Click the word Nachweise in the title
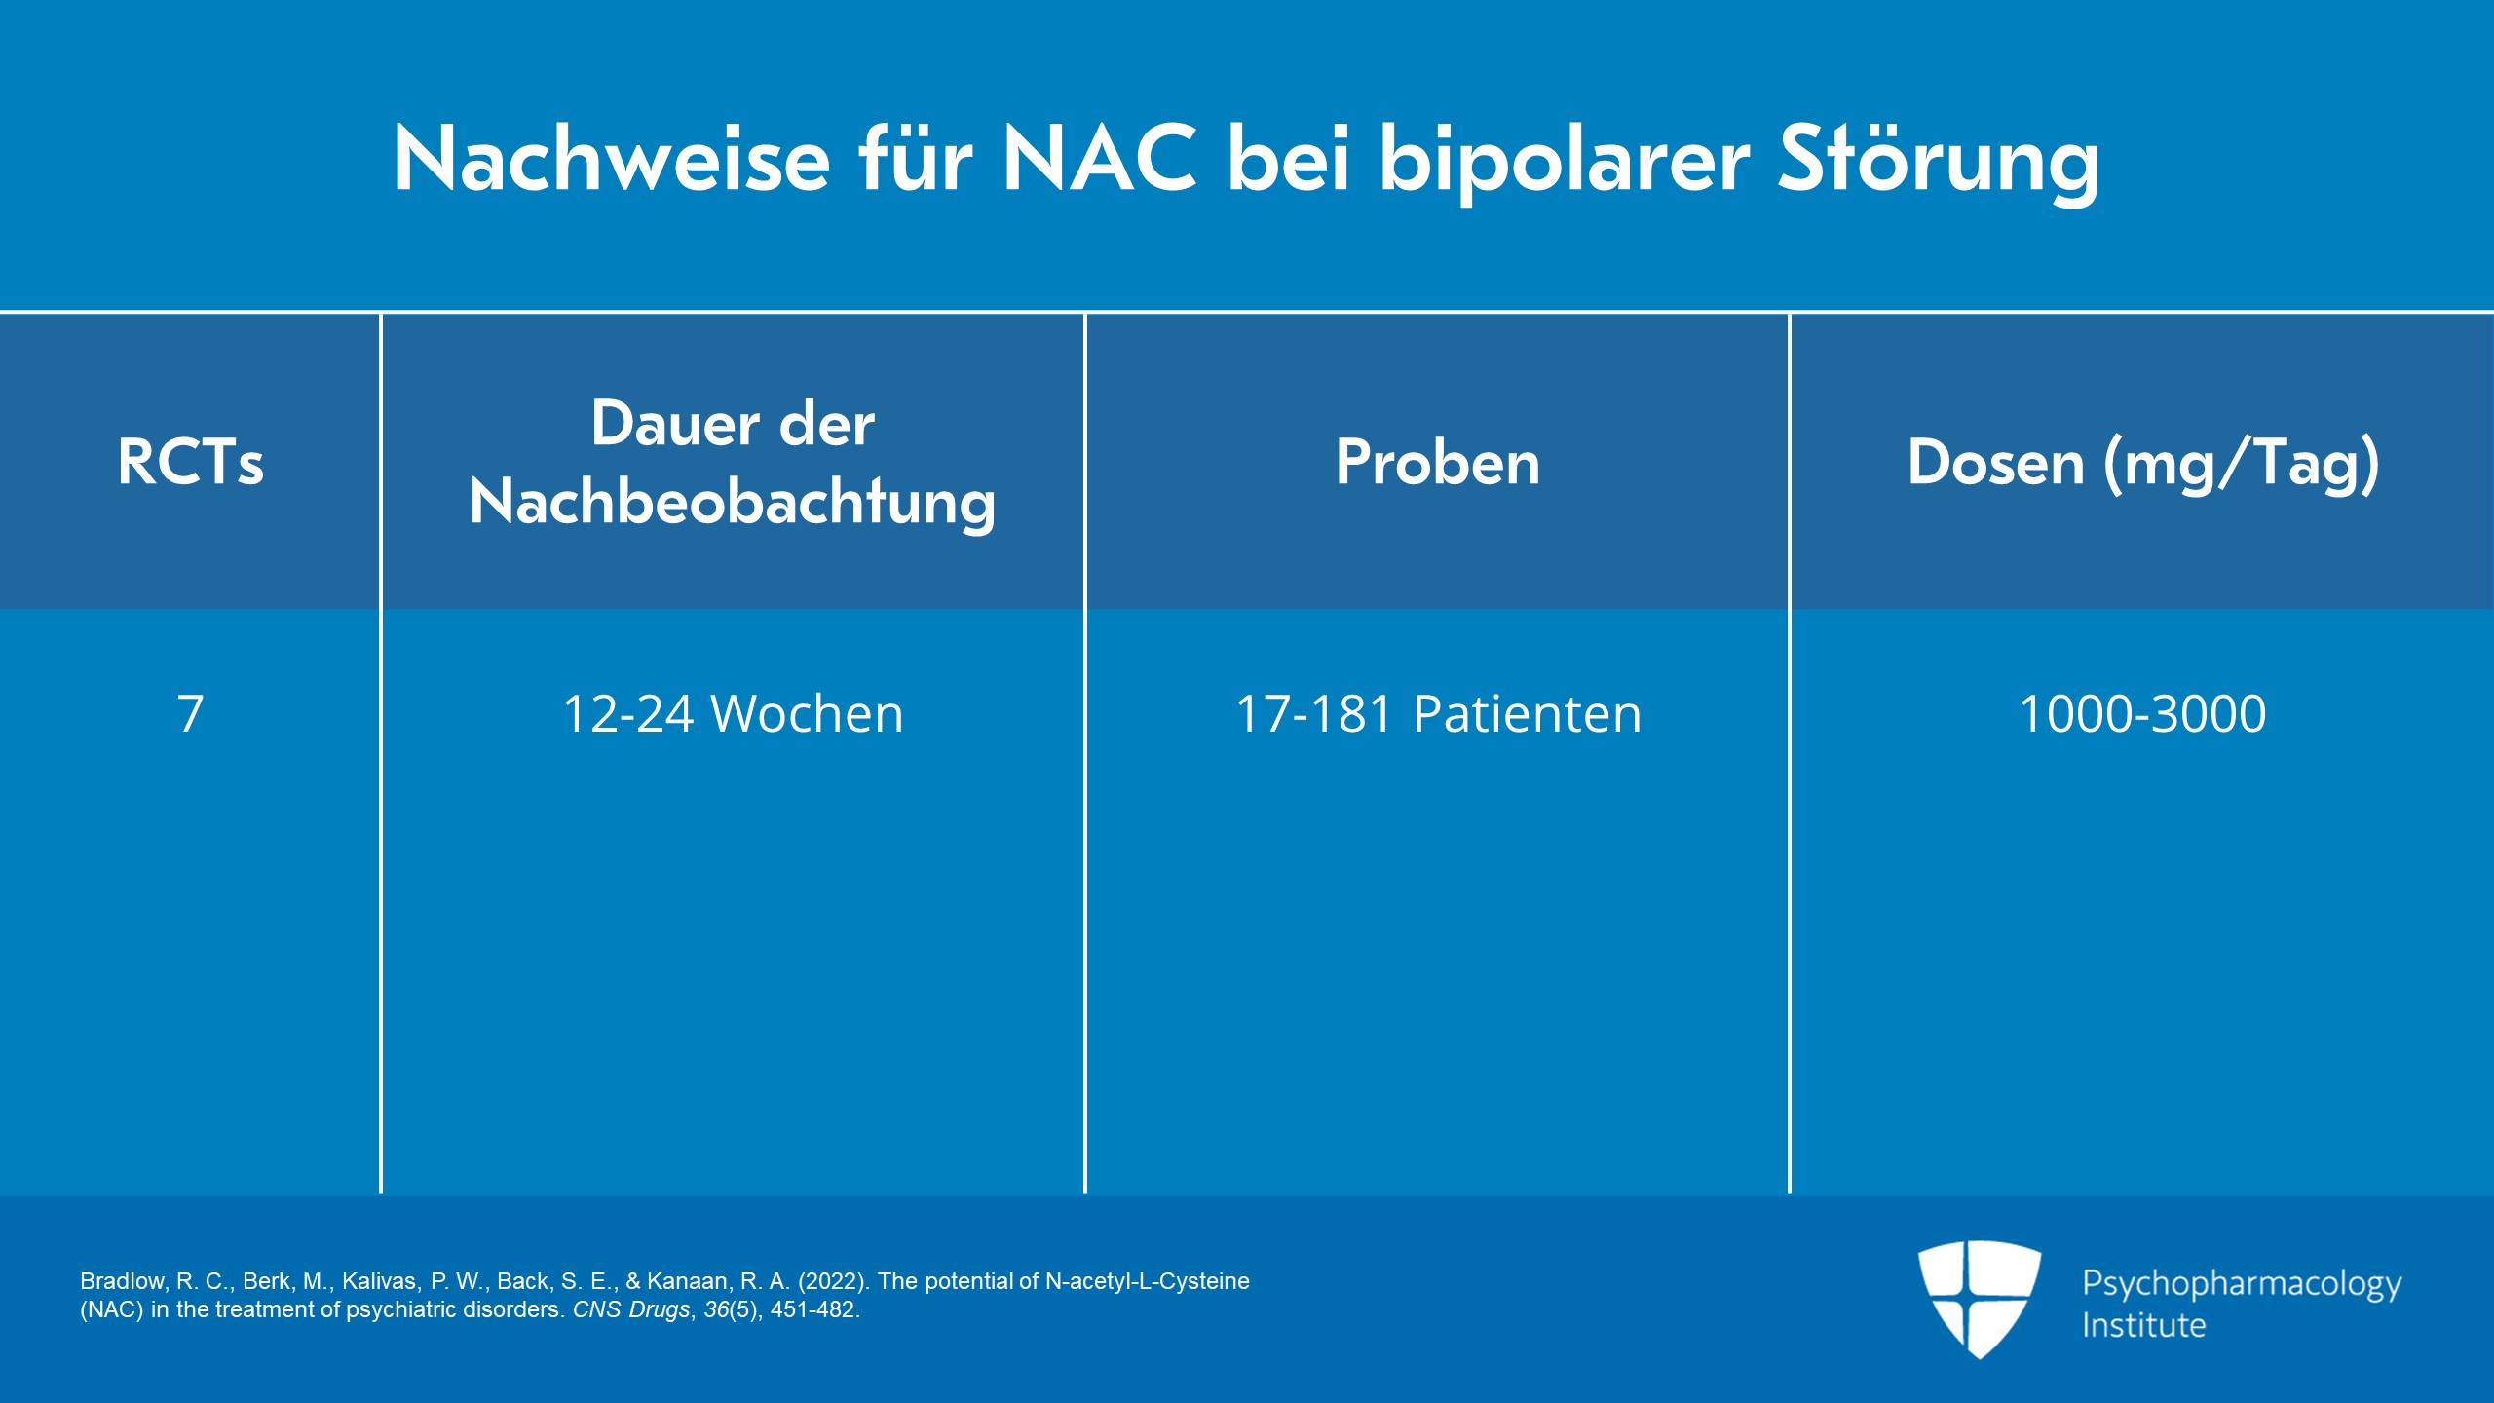pos(613,159)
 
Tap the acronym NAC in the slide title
pos(1100,159)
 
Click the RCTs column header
pos(191,461)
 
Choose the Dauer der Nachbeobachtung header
pos(733,463)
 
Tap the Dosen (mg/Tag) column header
pos(2143,464)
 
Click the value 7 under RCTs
pos(191,713)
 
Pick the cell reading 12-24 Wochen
pos(733,713)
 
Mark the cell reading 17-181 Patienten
pos(1438,713)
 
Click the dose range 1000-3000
pos(2143,713)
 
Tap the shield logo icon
pos(1980,1299)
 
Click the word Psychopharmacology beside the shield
pos(2242,1285)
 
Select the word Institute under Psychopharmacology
pos(2143,1325)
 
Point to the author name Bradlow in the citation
pos(124,1281)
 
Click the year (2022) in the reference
pos(833,1281)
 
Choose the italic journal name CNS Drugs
pos(631,1309)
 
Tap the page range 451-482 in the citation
pos(812,1309)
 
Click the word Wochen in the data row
pos(808,713)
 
